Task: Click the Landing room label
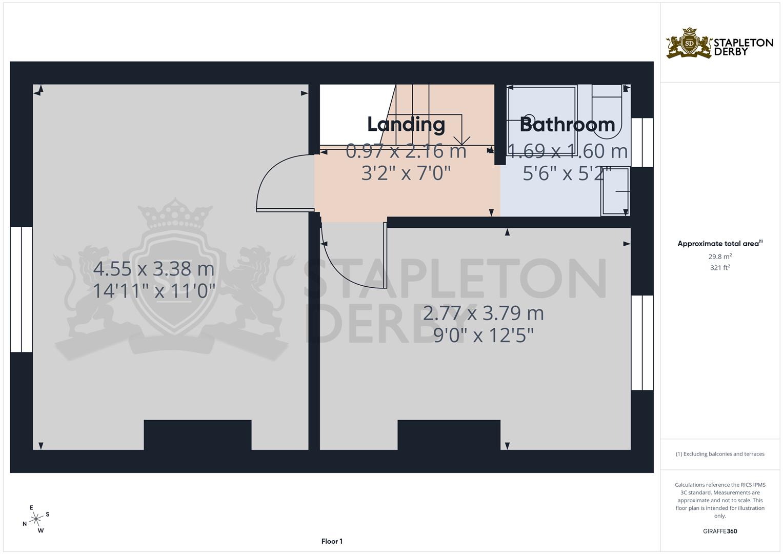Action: click(x=406, y=125)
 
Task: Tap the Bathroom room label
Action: click(x=567, y=125)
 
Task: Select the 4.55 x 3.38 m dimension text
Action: click(x=153, y=269)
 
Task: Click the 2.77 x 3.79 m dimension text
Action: click(x=483, y=313)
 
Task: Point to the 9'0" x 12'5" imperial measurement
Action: click(x=483, y=335)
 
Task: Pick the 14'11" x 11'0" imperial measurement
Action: click(x=153, y=291)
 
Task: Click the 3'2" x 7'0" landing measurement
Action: click(x=406, y=173)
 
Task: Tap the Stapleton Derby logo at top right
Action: click(x=719, y=44)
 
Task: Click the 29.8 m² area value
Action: click(x=720, y=256)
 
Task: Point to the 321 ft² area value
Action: click(x=720, y=268)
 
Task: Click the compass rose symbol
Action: click(x=36, y=520)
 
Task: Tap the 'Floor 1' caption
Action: click(x=332, y=541)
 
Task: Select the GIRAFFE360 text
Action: click(x=720, y=531)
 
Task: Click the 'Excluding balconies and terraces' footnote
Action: click(x=720, y=454)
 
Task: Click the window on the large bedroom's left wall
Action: click(x=22, y=289)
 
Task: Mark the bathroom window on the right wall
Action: click(x=642, y=143)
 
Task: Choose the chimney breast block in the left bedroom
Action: click(x=197, y=435)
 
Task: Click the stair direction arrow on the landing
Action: click(x=463, y=140)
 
